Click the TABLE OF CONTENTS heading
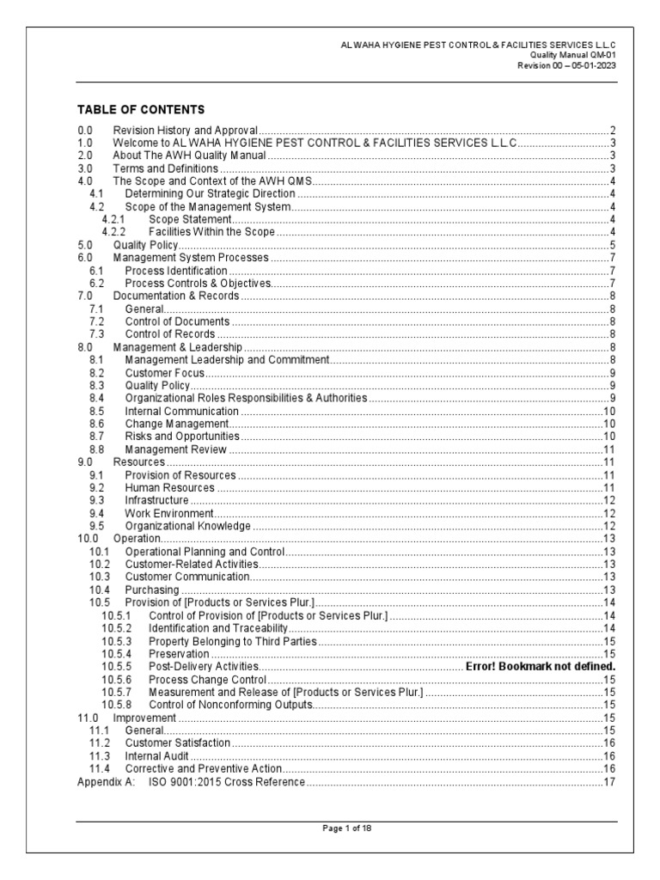click(141, 110)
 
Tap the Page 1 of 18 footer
click(346, 828)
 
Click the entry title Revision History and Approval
click(186, 130)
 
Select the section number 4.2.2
click(113, 232)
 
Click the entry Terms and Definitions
click(165, 168)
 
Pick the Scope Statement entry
click(190, 220)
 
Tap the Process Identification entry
click(176, 271)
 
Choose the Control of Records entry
click(170, 334)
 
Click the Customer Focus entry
click(165, 373)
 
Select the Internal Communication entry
click(182, 411)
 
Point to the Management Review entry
click(176, 449)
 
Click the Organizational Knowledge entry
click(188, 526)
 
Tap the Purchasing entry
click(152, 590)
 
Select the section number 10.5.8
click(116, 705)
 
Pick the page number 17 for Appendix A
click(610, 781)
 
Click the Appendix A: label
click(101, 781)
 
